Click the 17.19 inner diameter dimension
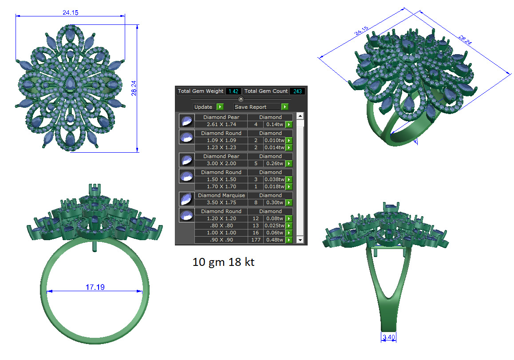pyautogui.click(x=95, y=287)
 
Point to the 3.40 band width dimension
pyautogui.click(x=389, y=337)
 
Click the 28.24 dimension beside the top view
pyautogui.click(x=134, y=88)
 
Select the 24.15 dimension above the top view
pyautogui.click(x=71, y=12)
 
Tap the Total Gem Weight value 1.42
pyautogui.click(x=233, y=91)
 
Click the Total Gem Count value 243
pyautogui.click(x=297, y=91)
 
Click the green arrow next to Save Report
pyautogui.click(x=285, y=107)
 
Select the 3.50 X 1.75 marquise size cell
pyautogui.click(x=221, y=202)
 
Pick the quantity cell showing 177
pyautogui.click(x=256, y=240)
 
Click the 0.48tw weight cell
pyautogui.click(x=275, y=240)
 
